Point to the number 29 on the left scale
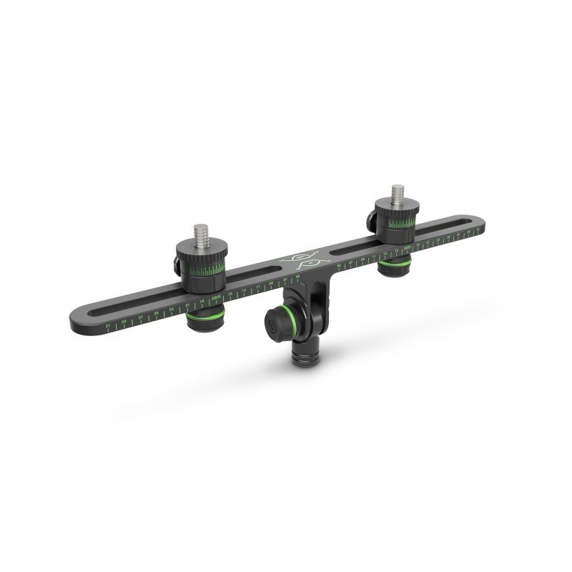124,321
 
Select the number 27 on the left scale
140,317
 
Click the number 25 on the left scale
156,313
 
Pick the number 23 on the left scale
172,309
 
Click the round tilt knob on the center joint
274,324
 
